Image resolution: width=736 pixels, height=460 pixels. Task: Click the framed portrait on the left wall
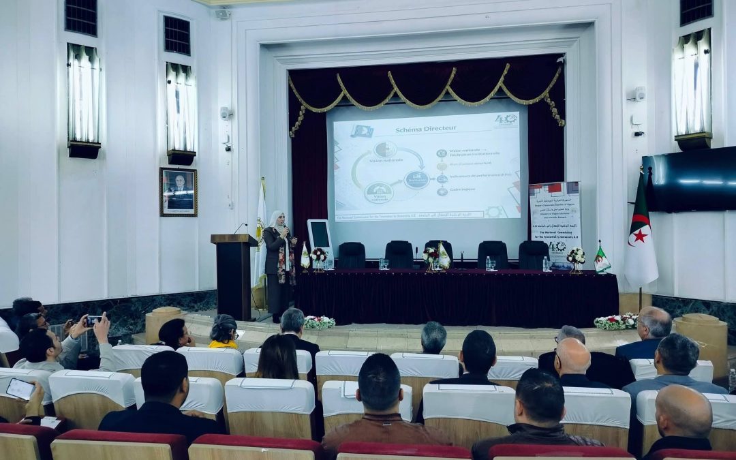click(179, 191)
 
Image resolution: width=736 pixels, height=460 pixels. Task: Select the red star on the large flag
click(640, 236)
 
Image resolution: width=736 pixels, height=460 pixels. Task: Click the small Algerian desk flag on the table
click(602, 258)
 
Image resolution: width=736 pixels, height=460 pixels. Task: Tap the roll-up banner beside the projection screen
click(555, 222)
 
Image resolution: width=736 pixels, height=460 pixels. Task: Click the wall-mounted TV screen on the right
click(690, 179)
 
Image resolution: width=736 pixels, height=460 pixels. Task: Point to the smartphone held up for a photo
click(92, 320)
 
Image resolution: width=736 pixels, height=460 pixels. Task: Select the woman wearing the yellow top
click(224, 333)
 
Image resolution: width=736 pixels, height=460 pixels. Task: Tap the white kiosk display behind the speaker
click(319, 236)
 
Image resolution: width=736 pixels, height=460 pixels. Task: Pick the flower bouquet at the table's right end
click(576, 257)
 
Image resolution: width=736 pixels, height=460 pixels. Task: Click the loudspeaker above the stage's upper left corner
click(223, 14)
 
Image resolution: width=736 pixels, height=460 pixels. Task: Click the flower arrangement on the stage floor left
click(319, 322)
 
